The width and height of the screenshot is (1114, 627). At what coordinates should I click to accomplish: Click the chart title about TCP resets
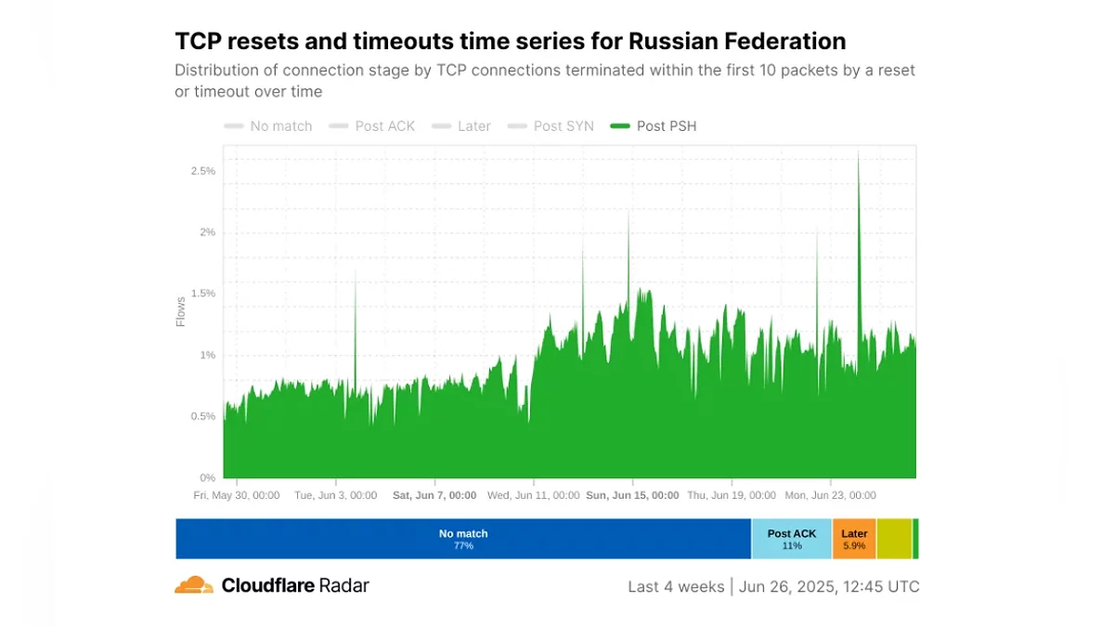coord(510,42)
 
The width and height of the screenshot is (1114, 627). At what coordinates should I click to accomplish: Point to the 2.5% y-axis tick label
coord(203,171)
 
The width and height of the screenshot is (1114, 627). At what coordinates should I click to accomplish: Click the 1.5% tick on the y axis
coord(203,294)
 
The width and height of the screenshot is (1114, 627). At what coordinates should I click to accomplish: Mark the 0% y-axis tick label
coord(208,477)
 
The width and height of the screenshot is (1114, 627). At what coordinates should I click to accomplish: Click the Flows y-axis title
coord(181,311)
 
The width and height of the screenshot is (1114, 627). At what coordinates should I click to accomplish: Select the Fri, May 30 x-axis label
coord(236,496)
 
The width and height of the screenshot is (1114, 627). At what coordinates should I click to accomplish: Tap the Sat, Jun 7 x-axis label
coord(434,496)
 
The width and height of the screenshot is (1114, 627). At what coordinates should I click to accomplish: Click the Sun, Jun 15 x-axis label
coord(632,496)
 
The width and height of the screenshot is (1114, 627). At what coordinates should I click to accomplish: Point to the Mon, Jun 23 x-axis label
coord(830,496)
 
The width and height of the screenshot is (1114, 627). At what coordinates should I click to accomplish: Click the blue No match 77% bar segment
coord(463,539)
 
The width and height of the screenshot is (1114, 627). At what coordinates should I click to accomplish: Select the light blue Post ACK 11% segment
coord(792,539)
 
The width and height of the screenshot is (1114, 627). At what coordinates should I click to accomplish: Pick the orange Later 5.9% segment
coord(854,539)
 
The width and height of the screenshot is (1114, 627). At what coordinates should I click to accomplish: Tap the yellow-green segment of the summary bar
coord(894,539)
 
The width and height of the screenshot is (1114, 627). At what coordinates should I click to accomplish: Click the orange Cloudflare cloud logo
coord(194,585)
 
